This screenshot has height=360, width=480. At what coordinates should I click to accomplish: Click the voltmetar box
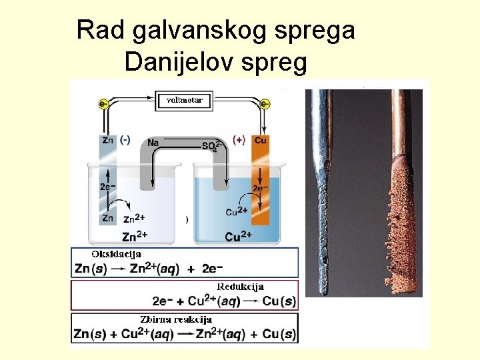[184, 101]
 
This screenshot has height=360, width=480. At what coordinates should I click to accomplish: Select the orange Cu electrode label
[260, 141]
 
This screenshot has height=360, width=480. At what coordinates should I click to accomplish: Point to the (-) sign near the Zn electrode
[125, 141]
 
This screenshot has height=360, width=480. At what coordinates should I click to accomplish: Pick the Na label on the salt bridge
[153, 143]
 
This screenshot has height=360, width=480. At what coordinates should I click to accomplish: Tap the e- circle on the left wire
[103, 104]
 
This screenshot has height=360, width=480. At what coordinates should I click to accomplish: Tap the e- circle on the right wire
[265, 104]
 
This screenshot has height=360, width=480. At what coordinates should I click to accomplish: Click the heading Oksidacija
[117, 255]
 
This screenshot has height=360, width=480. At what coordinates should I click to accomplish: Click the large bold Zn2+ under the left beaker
[134, 235]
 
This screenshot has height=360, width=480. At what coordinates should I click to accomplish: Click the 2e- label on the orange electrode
[261, 189]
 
